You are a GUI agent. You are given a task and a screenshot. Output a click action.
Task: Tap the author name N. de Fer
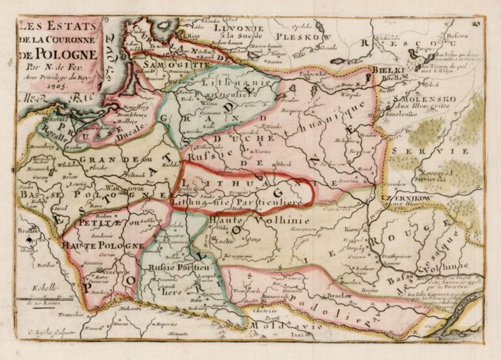click(x=55, y=65)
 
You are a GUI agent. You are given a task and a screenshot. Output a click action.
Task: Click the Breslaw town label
click(x=27, y=231)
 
